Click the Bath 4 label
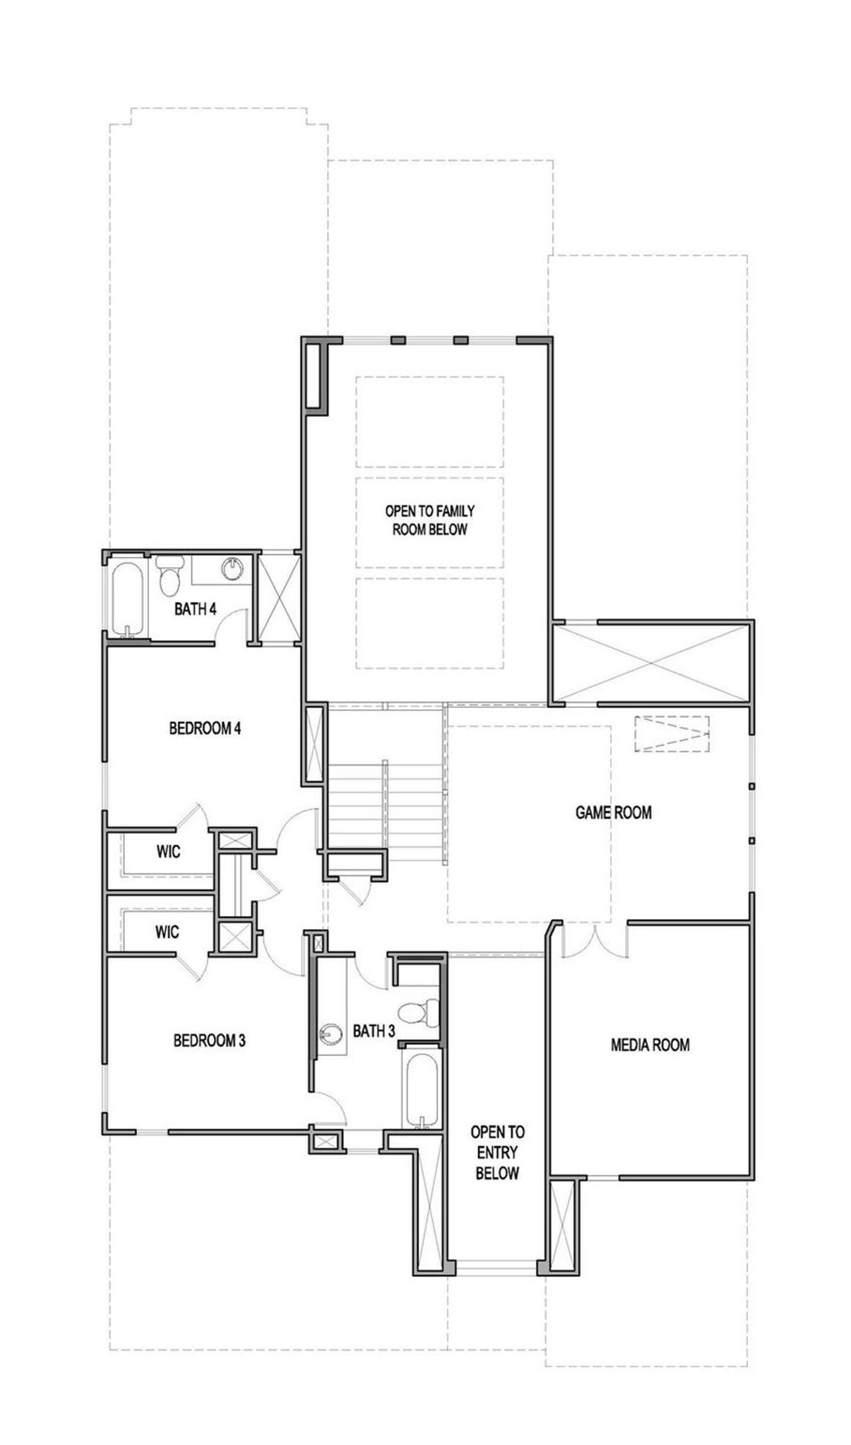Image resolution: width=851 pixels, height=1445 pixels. coord(195,609)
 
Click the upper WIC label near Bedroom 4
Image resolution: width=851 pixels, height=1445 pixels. coord(168,851)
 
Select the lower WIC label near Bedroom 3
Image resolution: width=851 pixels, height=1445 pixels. coord(167,933)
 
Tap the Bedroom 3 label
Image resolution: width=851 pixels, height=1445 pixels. coord(209,1040)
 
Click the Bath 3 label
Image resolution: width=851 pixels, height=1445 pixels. coord(374,1032)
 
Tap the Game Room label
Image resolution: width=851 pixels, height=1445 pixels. coord(613,812)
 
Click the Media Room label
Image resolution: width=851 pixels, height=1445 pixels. coord(650,1045)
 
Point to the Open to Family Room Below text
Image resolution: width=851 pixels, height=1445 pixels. coord(429,520)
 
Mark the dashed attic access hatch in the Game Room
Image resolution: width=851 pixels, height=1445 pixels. coord(671,734)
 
